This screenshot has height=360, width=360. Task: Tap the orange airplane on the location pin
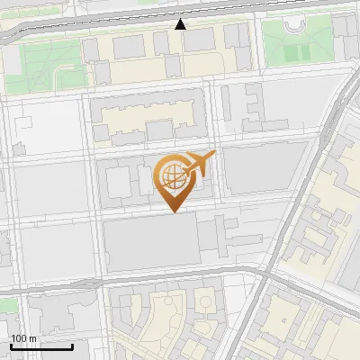pos(197,164)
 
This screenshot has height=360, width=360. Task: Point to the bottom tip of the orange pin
pos(173,211)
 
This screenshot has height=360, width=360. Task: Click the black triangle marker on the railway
pos(181,24)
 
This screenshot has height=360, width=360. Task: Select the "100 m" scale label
pos(23,338)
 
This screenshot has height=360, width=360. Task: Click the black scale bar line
pos(41,346)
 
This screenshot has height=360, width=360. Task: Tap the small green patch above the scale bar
pos(7,306)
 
